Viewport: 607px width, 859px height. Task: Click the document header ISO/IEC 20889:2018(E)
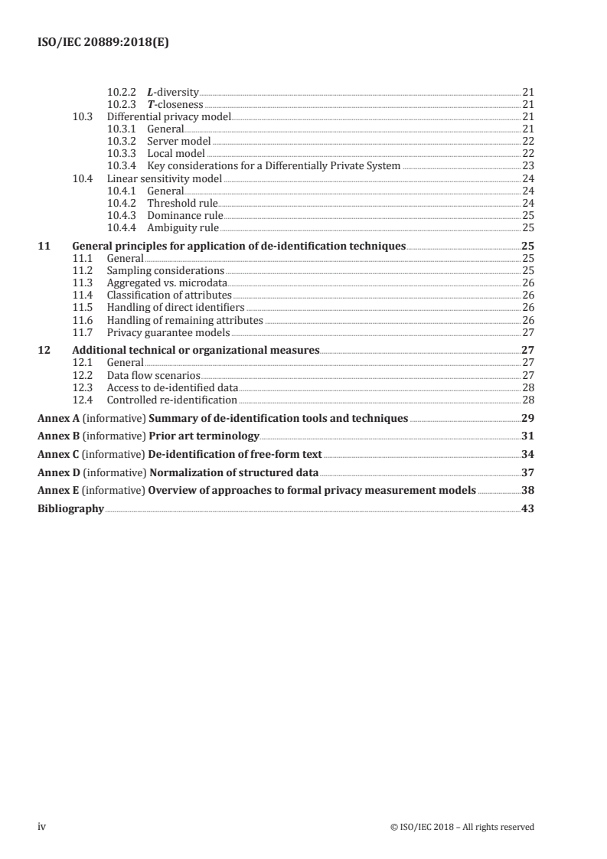pos(103,44)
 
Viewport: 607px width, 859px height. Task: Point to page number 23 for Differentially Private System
pos(527,165)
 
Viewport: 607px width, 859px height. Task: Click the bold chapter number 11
pos(44,246)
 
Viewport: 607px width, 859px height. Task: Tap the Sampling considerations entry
pos(165,270)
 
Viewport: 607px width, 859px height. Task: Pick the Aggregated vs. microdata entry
pos(162,283)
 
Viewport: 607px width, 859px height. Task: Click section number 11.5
pos(82,307)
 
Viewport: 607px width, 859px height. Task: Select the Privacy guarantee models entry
pos(168,332)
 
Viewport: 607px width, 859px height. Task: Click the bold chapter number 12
pos(44,351)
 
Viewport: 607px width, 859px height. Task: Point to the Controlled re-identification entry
pos(171,400)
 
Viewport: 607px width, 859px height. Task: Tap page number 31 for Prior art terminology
pos(527,436)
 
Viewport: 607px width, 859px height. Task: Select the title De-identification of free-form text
pos(235,455)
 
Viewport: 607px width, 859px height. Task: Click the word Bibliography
pos(70,509)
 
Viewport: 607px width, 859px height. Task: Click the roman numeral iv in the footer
pos(43,826)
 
